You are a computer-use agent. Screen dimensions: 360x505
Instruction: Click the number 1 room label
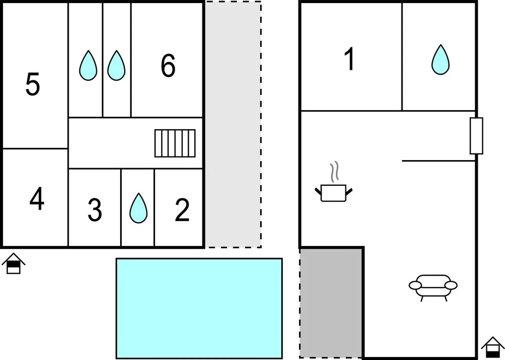point(349,60)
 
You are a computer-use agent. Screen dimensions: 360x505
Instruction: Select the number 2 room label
point(182,211)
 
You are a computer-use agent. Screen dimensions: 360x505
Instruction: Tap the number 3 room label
point(94,211)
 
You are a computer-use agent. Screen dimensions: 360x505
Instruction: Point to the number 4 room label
point(36,199)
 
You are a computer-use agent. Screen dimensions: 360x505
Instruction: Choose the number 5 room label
point(33,84)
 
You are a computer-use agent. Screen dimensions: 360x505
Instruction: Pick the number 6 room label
point(168,66)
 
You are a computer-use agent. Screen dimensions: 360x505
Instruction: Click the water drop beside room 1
point(440,60)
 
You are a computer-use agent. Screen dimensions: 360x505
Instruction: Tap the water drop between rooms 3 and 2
point(138,209)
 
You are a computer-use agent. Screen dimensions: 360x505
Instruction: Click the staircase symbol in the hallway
point(175,143)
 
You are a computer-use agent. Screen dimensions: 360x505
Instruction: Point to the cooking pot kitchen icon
point(333,192)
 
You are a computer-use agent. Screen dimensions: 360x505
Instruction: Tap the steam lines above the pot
point(334,172)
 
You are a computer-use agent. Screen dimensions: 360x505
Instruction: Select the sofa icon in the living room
point(433,287)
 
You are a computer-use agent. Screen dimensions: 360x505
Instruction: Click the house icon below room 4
point(14,265)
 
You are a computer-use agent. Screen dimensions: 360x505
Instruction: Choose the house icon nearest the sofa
point(493,348)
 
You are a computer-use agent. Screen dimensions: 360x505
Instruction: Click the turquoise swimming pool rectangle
point(199,308)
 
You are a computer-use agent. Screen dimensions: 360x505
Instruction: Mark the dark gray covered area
point(331,303)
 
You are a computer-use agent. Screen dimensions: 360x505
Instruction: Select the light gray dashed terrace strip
point(233,124)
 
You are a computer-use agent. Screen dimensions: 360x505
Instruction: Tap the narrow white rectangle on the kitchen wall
point(476,136)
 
